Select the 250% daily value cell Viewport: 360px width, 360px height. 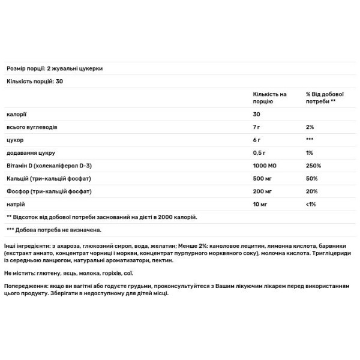click(313, 165)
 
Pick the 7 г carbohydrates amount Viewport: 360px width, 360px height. click(257, 127)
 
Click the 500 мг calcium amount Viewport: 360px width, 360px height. click(263, 178)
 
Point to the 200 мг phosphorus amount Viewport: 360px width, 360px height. click(263, 191)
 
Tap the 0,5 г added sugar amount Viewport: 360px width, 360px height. click(260, 152)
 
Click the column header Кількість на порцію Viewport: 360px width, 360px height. click(270, 98)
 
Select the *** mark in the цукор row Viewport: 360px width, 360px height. click(309, 140)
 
